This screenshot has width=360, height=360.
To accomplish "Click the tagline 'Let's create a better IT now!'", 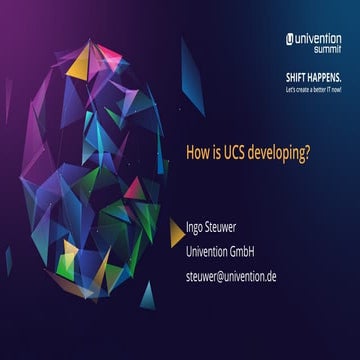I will pyautogui.click(x=312, y=90).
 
